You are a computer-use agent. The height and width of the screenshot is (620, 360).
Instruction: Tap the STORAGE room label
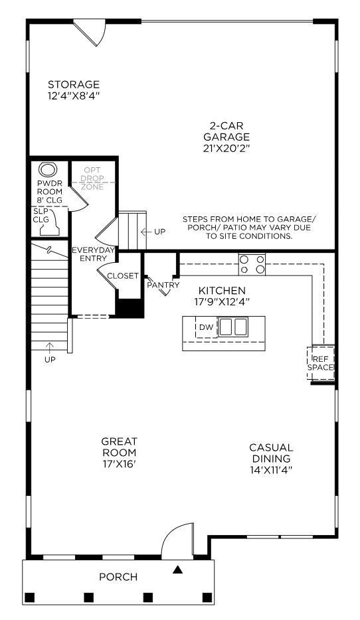pos(74,85)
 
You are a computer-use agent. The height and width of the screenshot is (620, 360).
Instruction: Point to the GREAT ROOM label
pos(119,447)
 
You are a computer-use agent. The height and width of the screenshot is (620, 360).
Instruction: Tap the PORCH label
pos(118,577)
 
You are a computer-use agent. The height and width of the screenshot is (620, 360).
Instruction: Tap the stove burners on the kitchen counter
pos(252,264)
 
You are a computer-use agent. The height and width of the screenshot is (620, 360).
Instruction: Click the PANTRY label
pos(163,285)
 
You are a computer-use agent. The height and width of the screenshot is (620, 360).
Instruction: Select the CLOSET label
pos(123,276)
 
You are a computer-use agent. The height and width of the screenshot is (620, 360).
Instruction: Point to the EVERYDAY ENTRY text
pos(93,254)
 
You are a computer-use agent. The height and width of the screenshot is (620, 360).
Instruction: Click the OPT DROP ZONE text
pos(92,178)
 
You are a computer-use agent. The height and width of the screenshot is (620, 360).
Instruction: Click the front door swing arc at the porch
pos(177,537)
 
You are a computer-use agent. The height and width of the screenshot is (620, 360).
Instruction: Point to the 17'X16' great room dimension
pos(119,464)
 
